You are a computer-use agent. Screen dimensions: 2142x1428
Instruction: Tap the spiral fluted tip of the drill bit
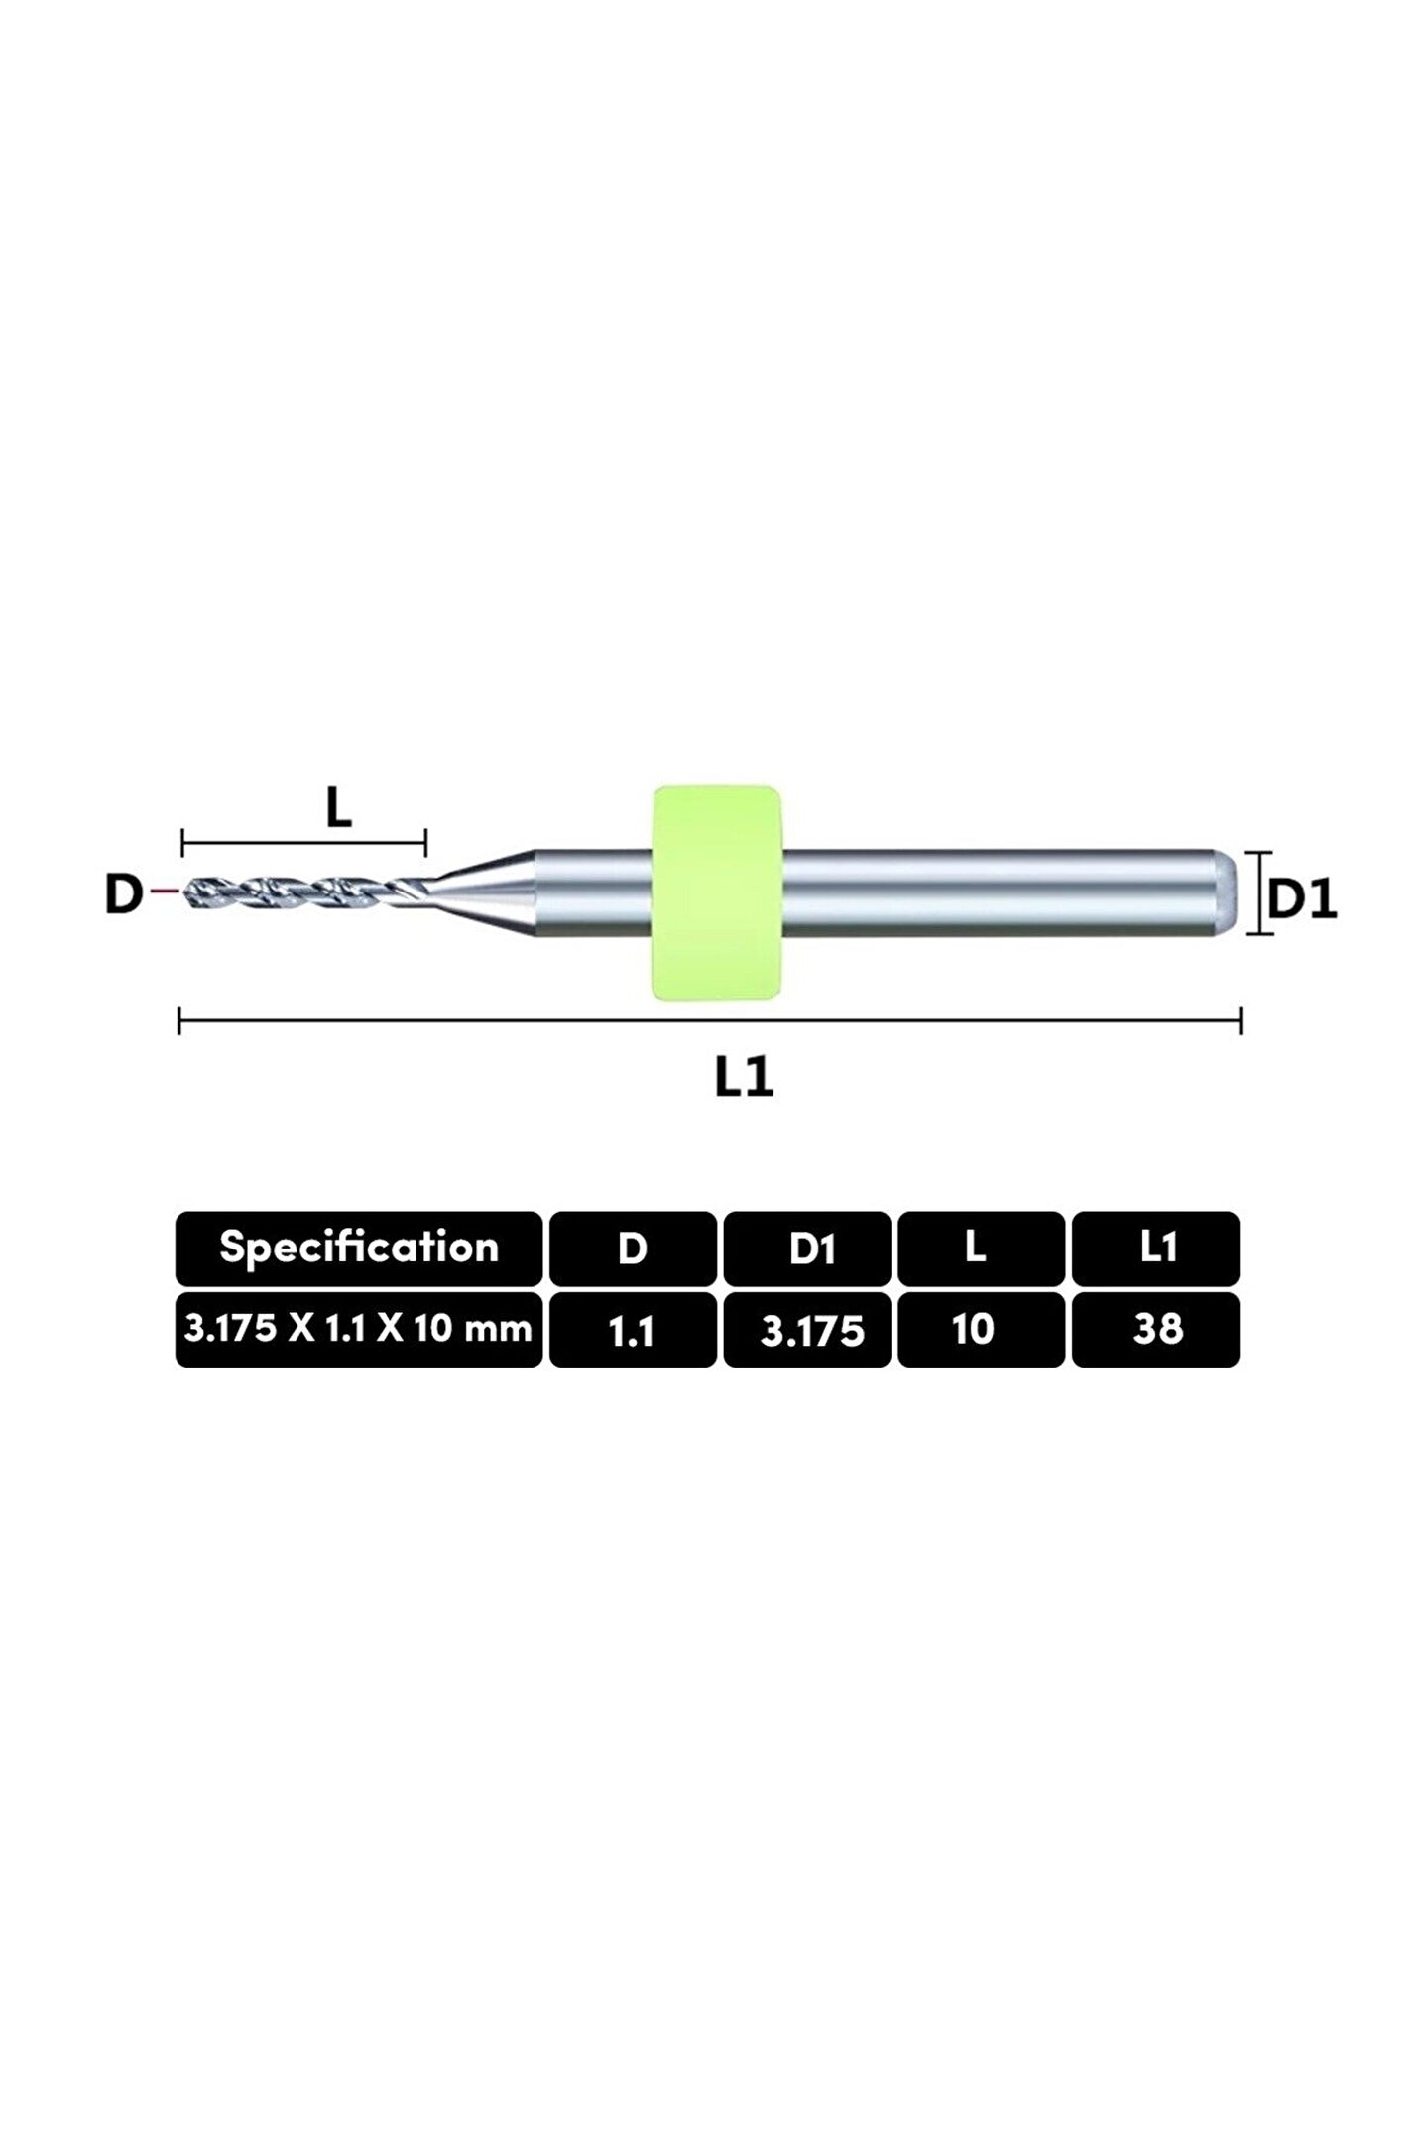[297, 892]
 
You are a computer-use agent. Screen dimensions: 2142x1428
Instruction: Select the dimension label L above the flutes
[339, 809]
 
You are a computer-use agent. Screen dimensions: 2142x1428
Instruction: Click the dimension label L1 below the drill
[744, 1077]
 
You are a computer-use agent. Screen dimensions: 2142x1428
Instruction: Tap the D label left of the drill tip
[123, 894]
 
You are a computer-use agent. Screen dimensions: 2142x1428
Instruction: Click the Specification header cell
[359, 1248]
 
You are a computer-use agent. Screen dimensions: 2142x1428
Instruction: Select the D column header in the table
[633, 1249]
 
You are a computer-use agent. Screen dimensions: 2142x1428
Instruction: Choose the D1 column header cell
[807, 1249]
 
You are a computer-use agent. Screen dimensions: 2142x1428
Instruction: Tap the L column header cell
[981, 1249]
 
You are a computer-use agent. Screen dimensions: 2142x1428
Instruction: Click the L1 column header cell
[1155, 1249]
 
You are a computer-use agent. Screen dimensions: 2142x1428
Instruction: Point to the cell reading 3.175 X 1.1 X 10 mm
[359, 1329]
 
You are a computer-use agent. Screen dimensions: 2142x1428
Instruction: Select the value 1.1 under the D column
[633, 1330]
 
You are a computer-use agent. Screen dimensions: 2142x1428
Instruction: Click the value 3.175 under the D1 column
[807, 1330]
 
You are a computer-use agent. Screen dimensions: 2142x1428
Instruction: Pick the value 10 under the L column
[981, 1330]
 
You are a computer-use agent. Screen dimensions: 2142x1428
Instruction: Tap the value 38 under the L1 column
[1155, 1330]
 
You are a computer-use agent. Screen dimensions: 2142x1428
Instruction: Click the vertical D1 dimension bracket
[1258, 892]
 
